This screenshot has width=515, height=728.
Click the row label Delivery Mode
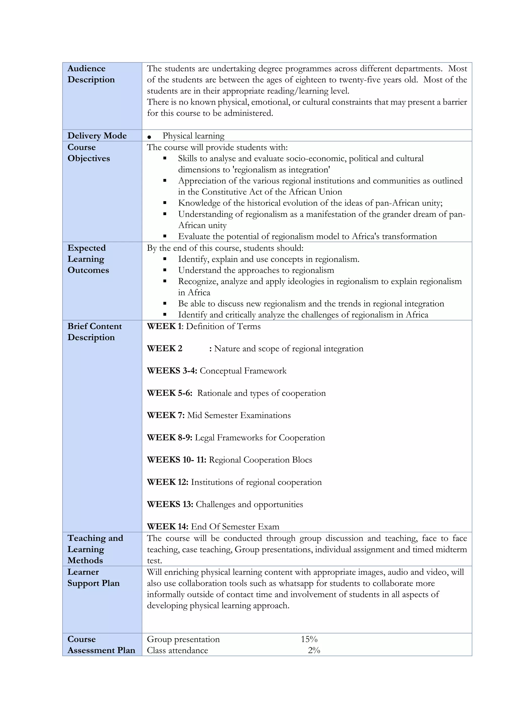click(x=97, y=136)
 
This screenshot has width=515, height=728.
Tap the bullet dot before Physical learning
click(x=149, y=137)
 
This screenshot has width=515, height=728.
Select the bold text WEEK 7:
click(x=165, y=415)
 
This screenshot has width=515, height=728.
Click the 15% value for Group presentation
click(x=309, y=639)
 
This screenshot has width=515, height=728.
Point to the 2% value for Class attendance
click(x=314, y=650)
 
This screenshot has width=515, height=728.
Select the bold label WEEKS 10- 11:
click(x=176, y=460)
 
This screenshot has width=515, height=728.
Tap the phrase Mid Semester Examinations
click(x=239, y=415)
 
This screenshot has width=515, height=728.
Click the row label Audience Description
click(x=91, y=74)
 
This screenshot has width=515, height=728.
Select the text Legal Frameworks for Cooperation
click(x=260, y=438)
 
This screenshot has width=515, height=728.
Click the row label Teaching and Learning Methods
click(x=95, y=549)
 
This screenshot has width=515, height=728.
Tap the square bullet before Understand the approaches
click(x=165, y=270)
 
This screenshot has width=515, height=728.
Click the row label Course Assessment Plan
click(x=101, y=645)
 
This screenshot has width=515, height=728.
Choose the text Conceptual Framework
click(x=243, y=371)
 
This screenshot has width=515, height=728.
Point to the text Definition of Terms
click(x=223, y=326)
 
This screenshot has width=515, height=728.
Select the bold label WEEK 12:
click(x=167, y=482)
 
